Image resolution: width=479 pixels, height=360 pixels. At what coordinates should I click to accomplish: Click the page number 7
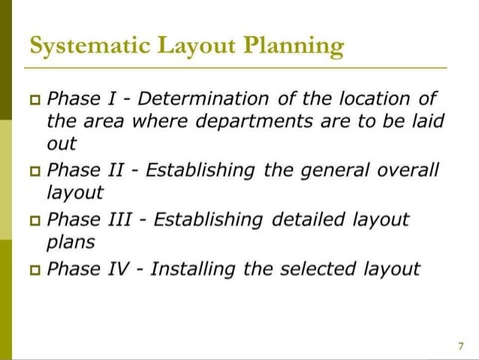point(460,346)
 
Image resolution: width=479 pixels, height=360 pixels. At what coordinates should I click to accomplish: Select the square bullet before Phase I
point(35,99)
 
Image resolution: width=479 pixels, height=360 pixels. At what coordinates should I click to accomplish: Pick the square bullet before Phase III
point(35,220)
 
